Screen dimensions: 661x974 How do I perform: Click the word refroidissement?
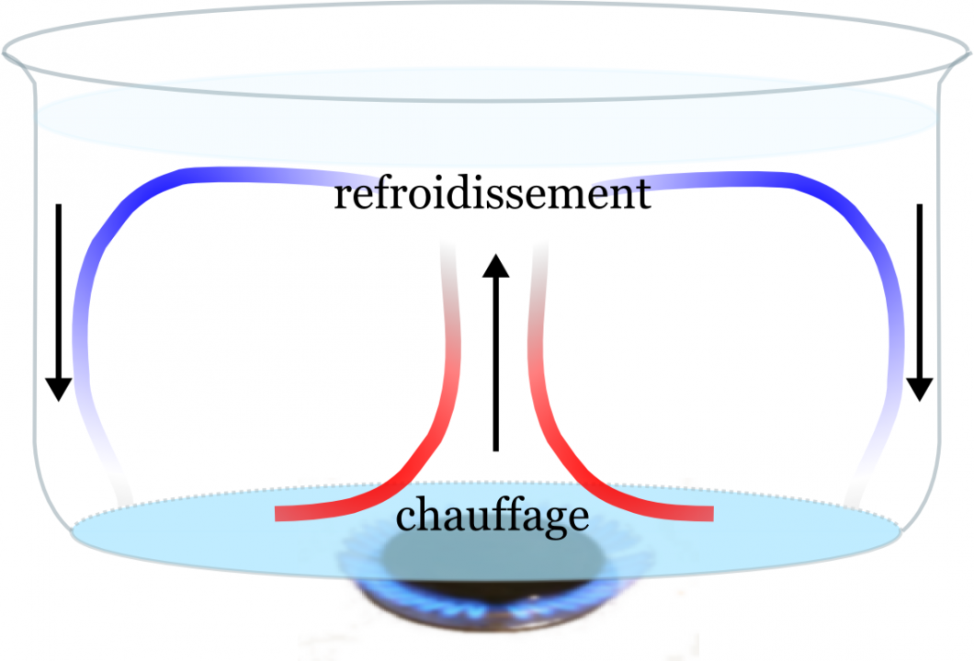(x=492, y=194)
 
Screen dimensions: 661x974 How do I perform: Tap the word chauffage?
(x=492, y=516)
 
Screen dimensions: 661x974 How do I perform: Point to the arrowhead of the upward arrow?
(x=496, y=266)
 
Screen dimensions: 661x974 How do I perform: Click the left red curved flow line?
(x=432, y=441)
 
